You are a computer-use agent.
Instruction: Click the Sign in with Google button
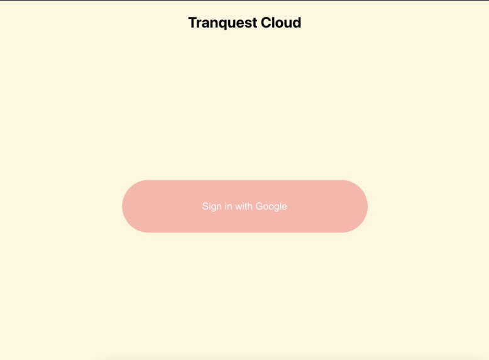[x=245, y=206]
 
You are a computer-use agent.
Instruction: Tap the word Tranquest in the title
[x=223, y=23]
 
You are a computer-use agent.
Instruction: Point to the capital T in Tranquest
[x=192, y=23]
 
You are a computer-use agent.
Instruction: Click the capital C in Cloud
[x=266, y=23]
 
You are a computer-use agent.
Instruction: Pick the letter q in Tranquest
[x=221, y=24]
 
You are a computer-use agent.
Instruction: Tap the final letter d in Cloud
[x=297, y=23]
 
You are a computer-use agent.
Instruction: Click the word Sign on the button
[x=212, y=207]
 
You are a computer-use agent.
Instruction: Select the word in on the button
[x=229, y=207]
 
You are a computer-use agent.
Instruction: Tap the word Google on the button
[x=271, y=207]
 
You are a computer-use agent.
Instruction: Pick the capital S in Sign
[x=206, y=207]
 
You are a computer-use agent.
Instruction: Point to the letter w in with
[x=239, y=207]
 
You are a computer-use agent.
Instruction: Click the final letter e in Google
[x=284, y=207]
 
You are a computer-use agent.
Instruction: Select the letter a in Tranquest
[x=204, y=24]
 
